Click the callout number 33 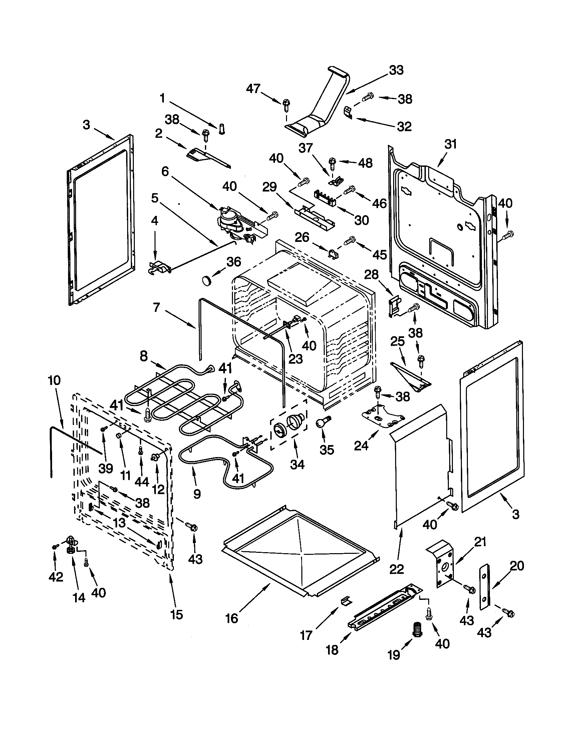pyautogui.click(x=396, y=70)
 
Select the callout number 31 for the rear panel pyautogui.click(x=451, y=144)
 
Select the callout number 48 pyautogui.click(x=365, y=163)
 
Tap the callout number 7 pyautogui.click(x=156, y=308)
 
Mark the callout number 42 pyautogui.click(x=56, y=578)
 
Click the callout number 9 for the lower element pyautogui.click(x=197, y=493)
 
